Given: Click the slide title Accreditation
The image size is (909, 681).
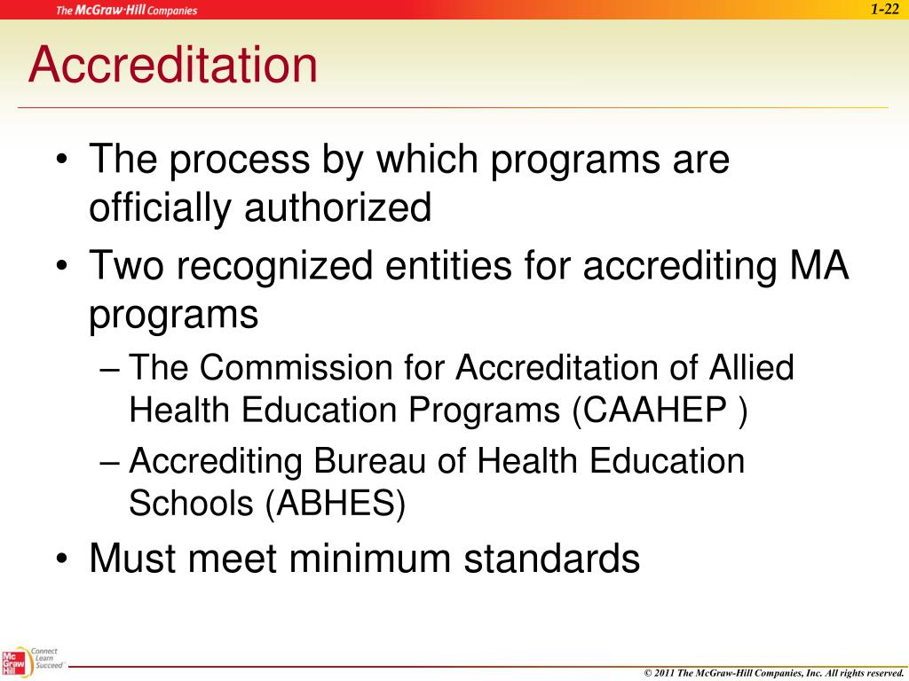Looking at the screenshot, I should [x=172, y=66].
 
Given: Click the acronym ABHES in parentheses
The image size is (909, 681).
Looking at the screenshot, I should [x=335, y=504].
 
